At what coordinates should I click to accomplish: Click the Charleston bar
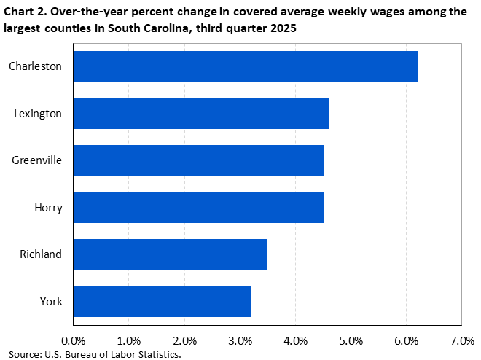click(245, 66)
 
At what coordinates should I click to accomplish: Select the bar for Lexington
click(200, 113)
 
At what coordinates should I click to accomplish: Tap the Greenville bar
click(198, 160)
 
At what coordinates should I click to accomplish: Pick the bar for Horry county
click(198, 207)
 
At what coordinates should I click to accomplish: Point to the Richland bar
click(170, 254)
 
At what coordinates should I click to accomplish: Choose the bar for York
click(162, 301)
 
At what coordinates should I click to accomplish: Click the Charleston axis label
click(35, 66)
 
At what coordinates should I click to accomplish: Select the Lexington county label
click(39, 113)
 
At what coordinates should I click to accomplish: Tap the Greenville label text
click(36, 160)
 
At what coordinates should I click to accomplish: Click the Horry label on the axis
click(49, 208)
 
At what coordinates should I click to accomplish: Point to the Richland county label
click(41, 254)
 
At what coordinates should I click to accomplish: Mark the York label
click(51, 301)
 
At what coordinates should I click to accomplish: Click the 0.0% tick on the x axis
click(73, 340)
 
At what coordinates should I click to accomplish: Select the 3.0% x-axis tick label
click(240, 340)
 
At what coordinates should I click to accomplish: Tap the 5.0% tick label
click(351, 340)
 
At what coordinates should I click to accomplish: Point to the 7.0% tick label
click(461, 340)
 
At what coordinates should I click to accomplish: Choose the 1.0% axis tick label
click(128, 340)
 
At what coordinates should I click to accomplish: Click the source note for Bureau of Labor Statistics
click(95, 354)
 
